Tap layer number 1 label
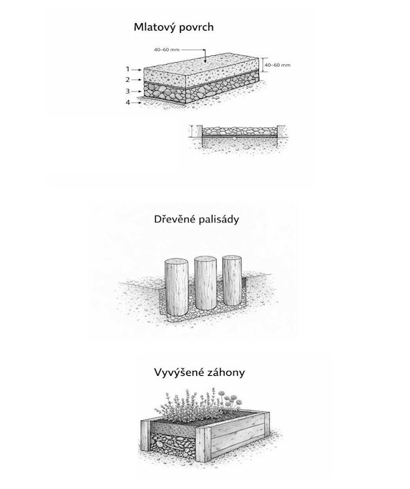(x=127, y=69)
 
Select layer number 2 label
(x=127, y=80)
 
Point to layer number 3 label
(x=127, y=91)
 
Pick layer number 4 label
(x=127, y=102)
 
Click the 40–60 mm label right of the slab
(x=277, y=65)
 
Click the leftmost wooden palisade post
(x=176, y=285)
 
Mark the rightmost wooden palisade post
(x=232, y=281)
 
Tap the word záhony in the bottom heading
(x=228, y=372)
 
